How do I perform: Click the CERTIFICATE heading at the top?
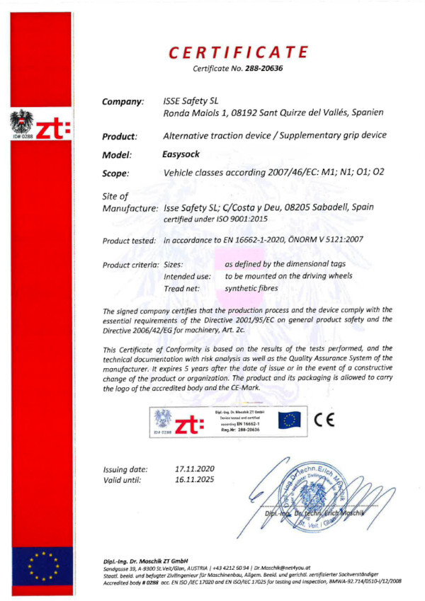(239, 52)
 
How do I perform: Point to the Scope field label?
(115, 173)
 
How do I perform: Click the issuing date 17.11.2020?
(194, 469)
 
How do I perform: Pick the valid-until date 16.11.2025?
(194, 480)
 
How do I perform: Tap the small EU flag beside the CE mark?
(288, 420)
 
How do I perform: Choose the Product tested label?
(129, 241)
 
